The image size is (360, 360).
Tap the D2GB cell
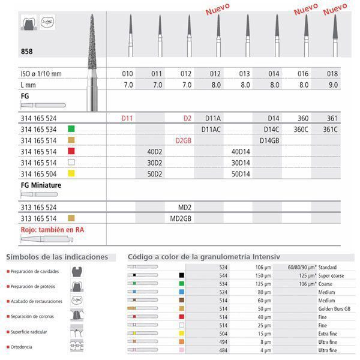(183, 139)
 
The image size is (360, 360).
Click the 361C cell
(332, 128)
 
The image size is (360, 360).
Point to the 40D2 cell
(156, 151)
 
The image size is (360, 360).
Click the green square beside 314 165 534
(71, 128)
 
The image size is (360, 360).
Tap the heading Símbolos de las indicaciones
(57, 257)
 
